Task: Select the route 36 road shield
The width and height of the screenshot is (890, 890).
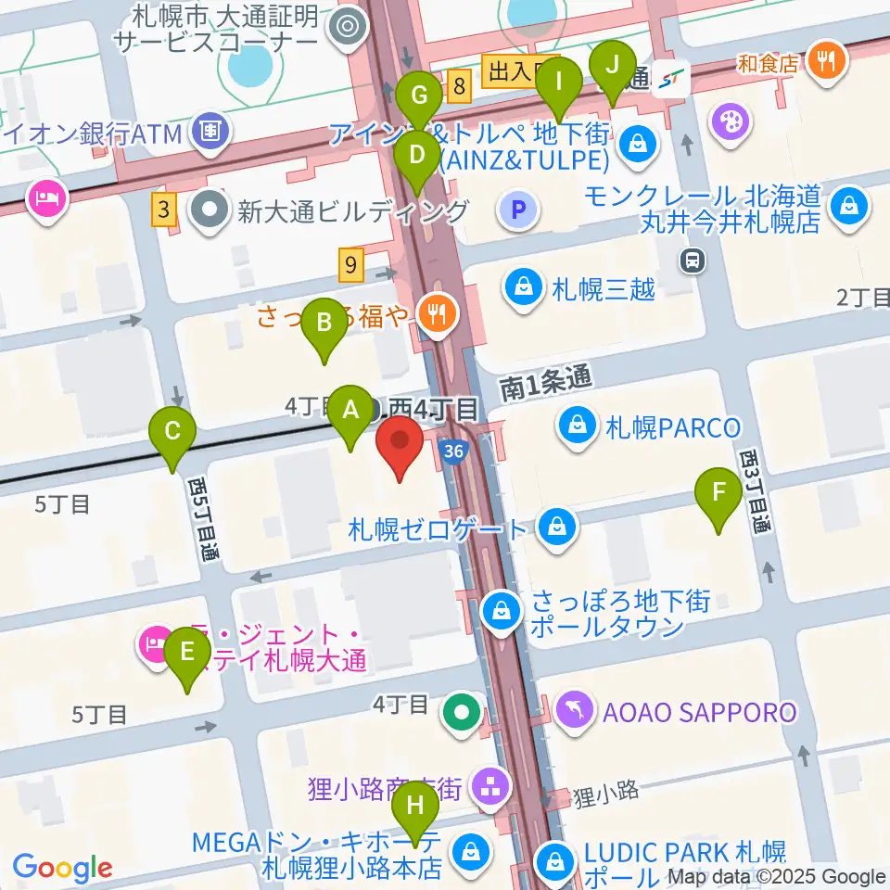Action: (452, 451)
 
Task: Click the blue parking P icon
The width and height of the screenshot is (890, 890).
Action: (519, 210)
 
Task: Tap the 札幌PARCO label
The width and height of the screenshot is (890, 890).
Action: (673, 427)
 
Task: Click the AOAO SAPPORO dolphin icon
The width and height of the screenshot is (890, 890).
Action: (575, 712)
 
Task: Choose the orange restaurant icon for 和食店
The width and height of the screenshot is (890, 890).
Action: (824, 63)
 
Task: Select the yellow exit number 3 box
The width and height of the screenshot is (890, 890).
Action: (164, 210)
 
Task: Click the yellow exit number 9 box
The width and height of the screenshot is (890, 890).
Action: (351, 266)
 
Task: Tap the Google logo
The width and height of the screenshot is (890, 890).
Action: (62, 868)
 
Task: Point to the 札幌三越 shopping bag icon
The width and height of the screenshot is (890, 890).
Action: (525, 288)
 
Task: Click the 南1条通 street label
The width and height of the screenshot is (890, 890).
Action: (544, 379)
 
